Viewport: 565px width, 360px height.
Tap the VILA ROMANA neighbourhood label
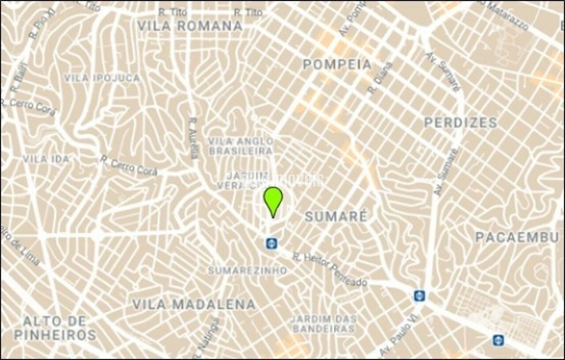pos(190,26)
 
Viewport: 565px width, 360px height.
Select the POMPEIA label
pos(337,64)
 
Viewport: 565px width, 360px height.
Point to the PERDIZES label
pos(460,123)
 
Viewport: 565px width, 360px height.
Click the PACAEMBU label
pos(517,237)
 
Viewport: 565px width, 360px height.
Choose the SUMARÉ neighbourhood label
pos(336,216)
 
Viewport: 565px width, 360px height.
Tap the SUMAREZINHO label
pos(248,270)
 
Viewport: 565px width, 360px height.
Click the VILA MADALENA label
pos(194,304)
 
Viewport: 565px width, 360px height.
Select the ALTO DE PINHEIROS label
pos(55,328)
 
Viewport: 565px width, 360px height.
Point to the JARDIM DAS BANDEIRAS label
pos(324,324)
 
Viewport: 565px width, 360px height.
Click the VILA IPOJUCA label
pos(102,78)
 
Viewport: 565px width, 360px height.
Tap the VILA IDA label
pos(46,159)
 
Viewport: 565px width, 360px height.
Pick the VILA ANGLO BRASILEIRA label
pos(241,146)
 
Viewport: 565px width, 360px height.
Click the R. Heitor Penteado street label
pos(330,269)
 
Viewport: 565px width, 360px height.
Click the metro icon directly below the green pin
pos(271,243)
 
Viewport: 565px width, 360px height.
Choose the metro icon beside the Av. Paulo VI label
pos(419,295)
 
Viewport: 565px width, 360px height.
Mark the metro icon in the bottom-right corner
pos(498,340)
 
